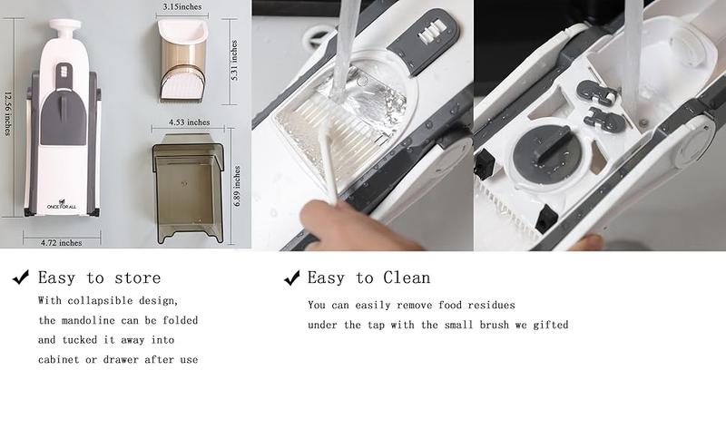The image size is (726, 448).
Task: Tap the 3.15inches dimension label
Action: pos(181,6)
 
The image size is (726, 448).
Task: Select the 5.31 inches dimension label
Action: pos(234,60)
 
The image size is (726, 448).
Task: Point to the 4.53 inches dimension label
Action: pos(188,122)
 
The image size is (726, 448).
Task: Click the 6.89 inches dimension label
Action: pos(238,186)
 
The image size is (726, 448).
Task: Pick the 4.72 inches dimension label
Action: pos(61,242)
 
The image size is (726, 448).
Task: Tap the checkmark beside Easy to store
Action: pos(20,278)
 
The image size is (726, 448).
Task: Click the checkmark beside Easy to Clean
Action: pos(292,278)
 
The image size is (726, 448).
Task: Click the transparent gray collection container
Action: pos(188,188)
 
